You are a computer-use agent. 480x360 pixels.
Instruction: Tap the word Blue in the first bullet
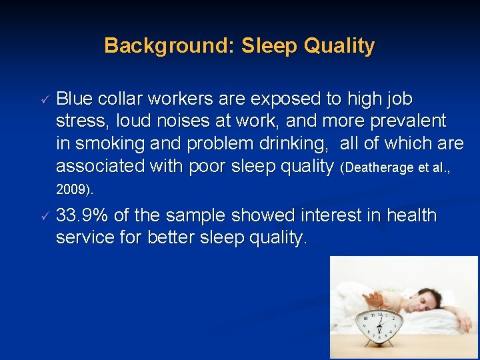coord(75,99)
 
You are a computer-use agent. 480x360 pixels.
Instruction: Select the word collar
coord(120,99)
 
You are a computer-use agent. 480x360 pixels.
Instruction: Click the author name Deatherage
coord(381,167)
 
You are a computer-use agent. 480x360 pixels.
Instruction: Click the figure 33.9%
coord(83,216)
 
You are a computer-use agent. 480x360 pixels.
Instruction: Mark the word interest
coord(327,216)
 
